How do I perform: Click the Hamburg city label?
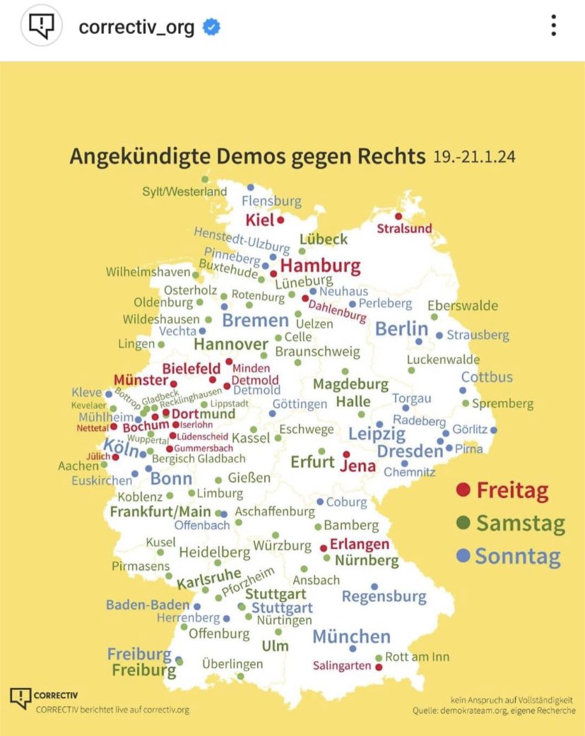pos(321,266)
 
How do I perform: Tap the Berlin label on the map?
pos(401,328)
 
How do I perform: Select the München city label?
pos(351,636)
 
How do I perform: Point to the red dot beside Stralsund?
pos(398,217)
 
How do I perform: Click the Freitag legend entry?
pos(502,489)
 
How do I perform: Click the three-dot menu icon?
pos(554,27)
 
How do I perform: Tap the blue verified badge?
pos(211,28)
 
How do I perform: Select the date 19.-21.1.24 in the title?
pos(474,155)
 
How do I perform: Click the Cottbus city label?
pos(487,377)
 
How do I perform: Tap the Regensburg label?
pos(384,597)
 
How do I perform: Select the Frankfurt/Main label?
pos(161,511)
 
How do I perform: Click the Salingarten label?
pos(342,666)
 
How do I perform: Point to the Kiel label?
pos(259,220)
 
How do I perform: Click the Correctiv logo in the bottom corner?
pos(21,698)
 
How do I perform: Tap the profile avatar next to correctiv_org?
pos(43,27)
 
